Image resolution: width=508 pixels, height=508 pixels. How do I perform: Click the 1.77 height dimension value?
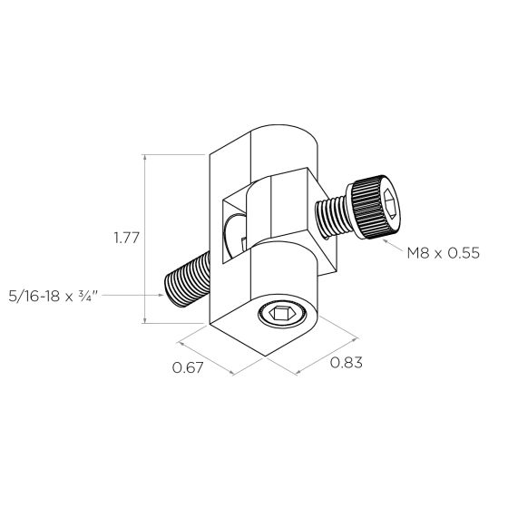click(x=126, y=238)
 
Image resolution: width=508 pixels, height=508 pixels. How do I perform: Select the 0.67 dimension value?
click(x=188, y=367)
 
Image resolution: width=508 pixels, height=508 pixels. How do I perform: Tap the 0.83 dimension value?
click(x=346, y=363)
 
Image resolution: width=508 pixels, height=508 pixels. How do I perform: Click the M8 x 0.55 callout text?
click(x=444, y=253)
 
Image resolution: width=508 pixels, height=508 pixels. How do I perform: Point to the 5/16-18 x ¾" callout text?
click(x=54, y=296)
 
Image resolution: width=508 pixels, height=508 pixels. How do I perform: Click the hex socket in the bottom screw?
click(x=282, y=314)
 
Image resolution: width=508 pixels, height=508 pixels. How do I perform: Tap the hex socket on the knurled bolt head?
click(x=390, y=204)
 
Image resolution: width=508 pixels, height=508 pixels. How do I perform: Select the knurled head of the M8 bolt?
click(x=376, y=207)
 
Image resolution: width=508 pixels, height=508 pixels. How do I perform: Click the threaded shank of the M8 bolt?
click(x=333, y=219)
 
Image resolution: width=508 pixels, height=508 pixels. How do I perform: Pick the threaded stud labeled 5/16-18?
click(x=187, y=279)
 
